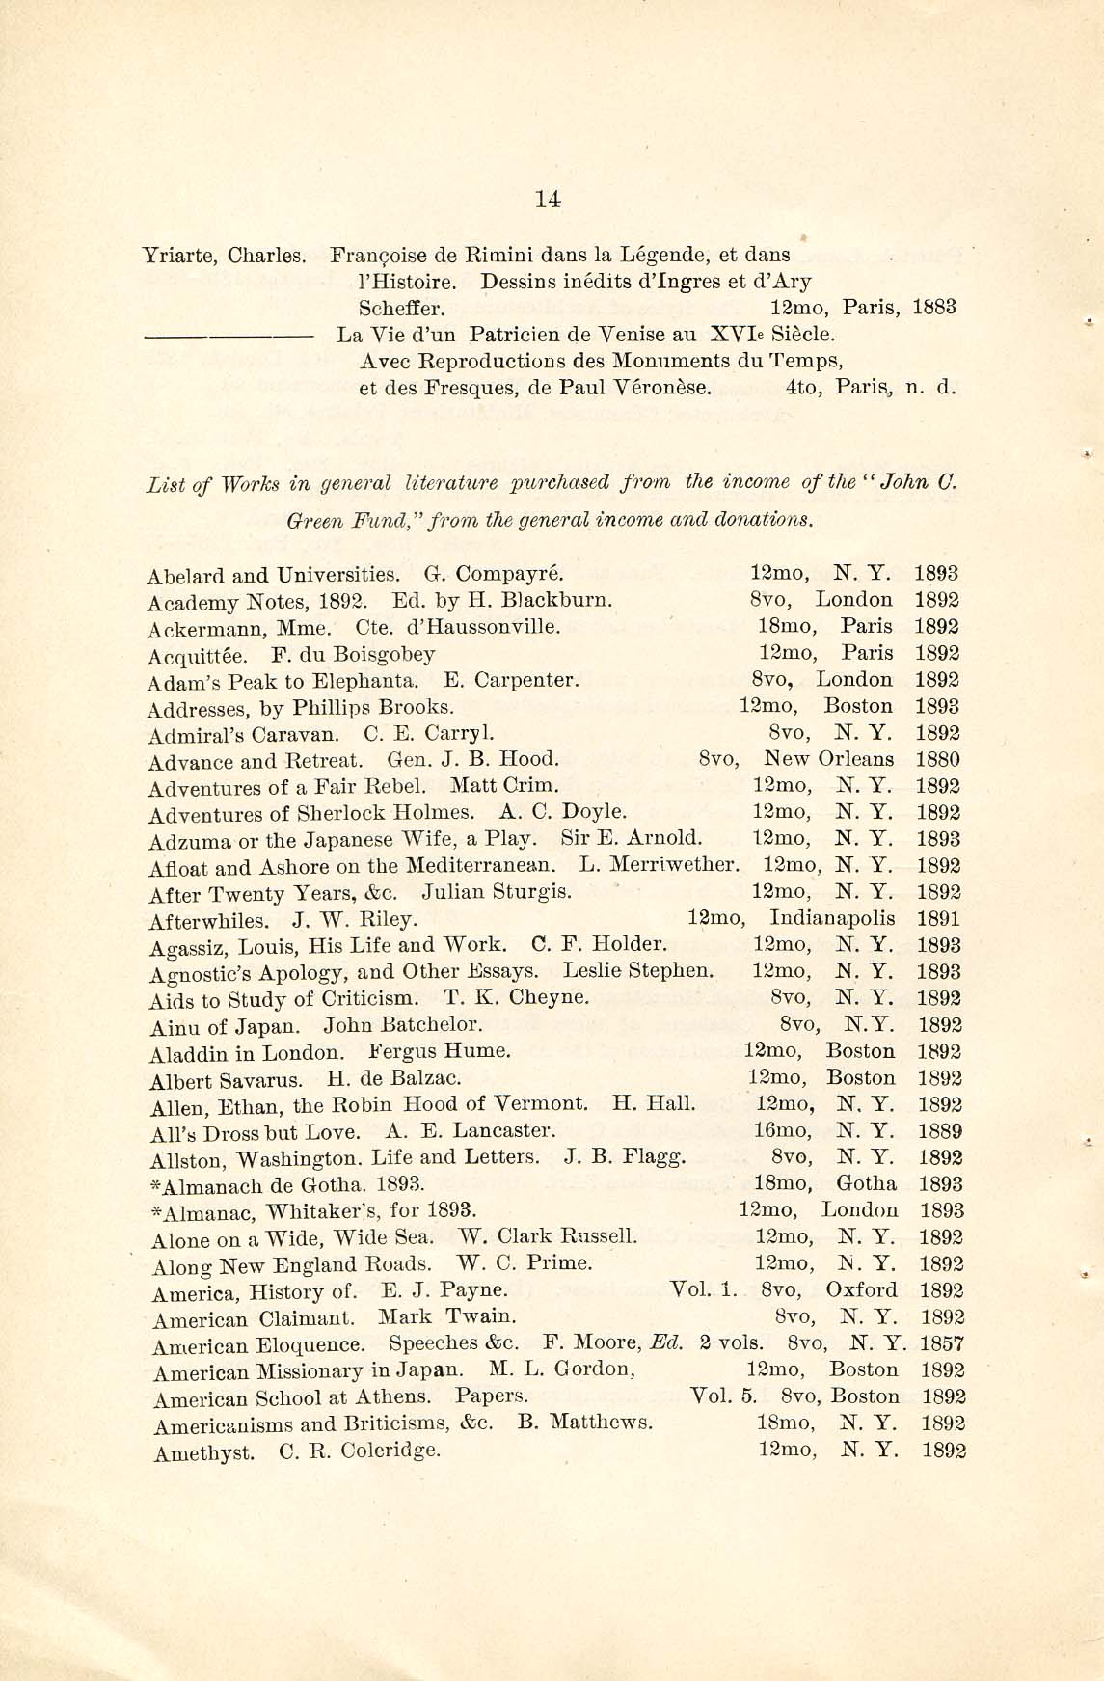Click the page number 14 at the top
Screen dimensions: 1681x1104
548,200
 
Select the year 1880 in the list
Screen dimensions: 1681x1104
938,759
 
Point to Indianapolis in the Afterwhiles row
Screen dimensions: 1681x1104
833,918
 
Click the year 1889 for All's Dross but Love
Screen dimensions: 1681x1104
940,1131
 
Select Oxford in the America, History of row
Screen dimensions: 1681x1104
862,1290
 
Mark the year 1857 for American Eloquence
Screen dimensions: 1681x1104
942,1343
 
